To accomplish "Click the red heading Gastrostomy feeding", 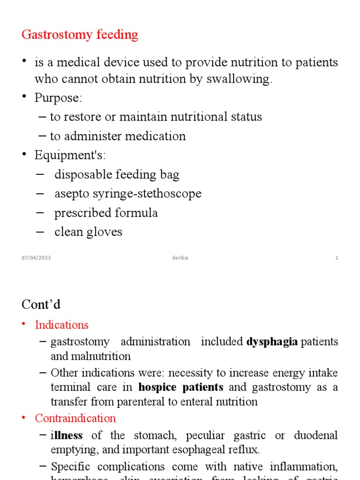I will pos(80,35).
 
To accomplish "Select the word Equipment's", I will pos(70,156).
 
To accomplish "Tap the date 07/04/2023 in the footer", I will pos(36,258).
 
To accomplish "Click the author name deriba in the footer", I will pos(180,258).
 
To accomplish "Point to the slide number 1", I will pos(337,258).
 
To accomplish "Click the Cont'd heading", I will pos(41,304).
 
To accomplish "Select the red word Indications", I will pos(61,325).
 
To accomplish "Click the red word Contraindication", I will pos(75,418).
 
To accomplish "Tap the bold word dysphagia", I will pos(272,342).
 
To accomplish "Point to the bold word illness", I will pos(67,435).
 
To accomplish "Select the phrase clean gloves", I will pos(88,232).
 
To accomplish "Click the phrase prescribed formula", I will pos(106,213).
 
